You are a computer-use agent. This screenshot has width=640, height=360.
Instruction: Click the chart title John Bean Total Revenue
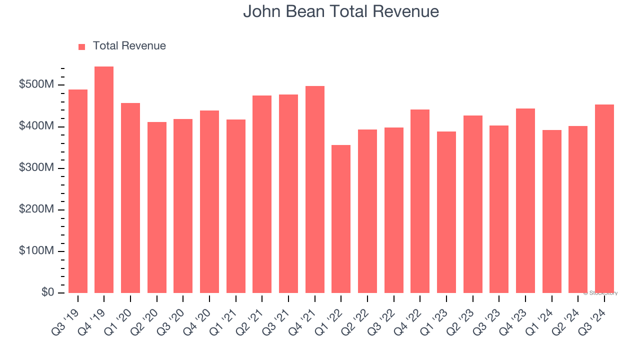(341, 11)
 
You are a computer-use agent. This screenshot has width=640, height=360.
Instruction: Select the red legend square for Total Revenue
(82, 46)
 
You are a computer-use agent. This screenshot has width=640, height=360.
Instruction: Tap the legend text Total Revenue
(129, 46)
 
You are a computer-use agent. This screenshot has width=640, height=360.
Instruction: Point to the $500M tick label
(36, 85)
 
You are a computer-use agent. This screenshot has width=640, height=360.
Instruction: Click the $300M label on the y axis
(36, 168)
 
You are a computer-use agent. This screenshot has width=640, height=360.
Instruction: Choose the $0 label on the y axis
(47, 292)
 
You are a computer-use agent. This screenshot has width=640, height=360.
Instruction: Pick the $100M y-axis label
(36, 251)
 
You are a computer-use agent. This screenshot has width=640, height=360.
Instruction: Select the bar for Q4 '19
(104, 180)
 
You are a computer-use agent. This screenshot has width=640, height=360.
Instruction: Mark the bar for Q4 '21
(315, 189)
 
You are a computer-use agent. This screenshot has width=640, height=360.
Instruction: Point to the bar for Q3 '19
(78, 191)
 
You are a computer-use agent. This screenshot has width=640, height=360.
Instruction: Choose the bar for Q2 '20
(157, 207)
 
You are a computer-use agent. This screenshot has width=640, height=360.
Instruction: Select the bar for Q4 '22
(420, 201)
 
